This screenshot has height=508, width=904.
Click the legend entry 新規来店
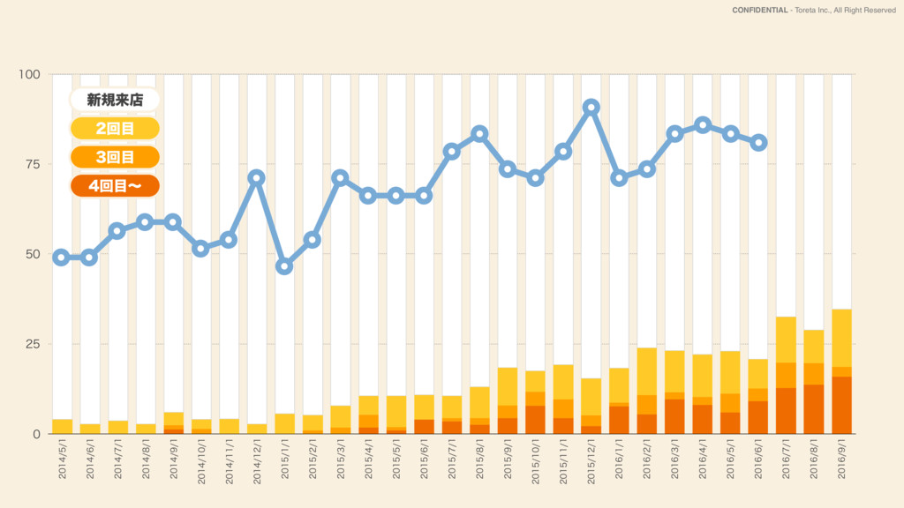[115, 100]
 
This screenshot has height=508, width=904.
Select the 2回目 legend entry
[115, 129]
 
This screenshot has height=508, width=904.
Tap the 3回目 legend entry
[115, 158]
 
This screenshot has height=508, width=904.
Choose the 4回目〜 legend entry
[115, 186]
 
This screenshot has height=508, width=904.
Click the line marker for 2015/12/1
[591, 108]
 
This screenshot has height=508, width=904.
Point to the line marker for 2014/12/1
[256, 177]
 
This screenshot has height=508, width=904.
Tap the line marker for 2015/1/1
[284, 266]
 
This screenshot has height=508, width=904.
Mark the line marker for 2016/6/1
[758, 143]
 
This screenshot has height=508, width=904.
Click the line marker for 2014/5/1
[61, 258]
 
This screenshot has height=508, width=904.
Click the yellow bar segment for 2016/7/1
[786, 340]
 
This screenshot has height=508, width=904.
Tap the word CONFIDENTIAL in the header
[759, 11]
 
